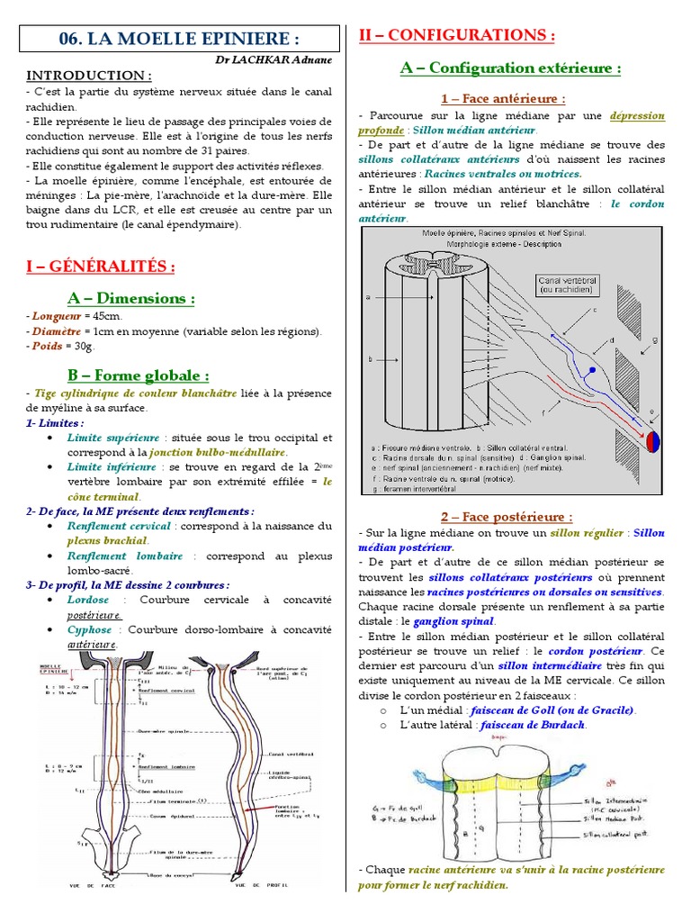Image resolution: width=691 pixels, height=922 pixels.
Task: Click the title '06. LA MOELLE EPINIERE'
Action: click(x=178, y=40)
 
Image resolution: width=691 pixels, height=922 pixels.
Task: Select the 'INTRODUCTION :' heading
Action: click(x=88, y=75)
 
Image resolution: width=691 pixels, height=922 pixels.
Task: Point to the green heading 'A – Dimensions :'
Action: click(x=131, y=298)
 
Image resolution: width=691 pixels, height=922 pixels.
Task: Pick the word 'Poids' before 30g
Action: click(x=46, y=346)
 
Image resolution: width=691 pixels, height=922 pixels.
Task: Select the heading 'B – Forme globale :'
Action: click(x=139, y=375)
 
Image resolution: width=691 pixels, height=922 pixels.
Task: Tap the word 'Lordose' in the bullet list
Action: click(x=87, y=599)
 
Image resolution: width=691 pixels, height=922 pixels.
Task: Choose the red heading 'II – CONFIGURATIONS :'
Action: click(x=456, y=35)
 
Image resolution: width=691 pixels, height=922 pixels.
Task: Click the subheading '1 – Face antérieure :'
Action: click(x=503, y=98)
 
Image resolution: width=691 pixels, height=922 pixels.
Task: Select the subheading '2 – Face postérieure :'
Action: click(x=506, y=517)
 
